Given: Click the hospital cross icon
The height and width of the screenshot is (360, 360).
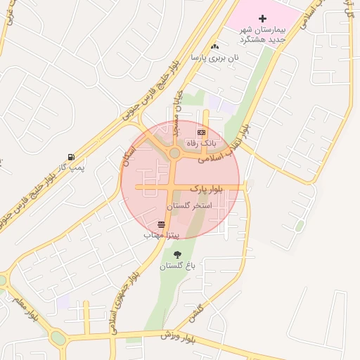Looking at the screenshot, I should (x=263, y=18).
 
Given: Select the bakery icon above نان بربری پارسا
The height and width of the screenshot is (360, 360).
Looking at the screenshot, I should (x=215, y=47).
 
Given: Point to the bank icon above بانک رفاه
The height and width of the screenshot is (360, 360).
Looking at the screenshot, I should (x=202, y=132).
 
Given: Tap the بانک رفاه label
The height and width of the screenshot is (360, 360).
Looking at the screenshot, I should (x=202, y=143).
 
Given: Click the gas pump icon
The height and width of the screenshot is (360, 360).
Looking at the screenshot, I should (x=70, y=157).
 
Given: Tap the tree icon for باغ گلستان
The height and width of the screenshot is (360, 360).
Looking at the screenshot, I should (x=176, y=255).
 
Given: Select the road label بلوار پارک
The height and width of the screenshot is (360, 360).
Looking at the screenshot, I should (x=207, y=188).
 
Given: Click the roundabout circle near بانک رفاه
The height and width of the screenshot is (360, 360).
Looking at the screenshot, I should (x=174, y=153).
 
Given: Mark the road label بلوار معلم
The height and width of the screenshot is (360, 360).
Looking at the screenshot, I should (x=24, y=307).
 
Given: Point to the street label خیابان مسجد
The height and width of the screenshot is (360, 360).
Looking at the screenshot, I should (x=179, y=112).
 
